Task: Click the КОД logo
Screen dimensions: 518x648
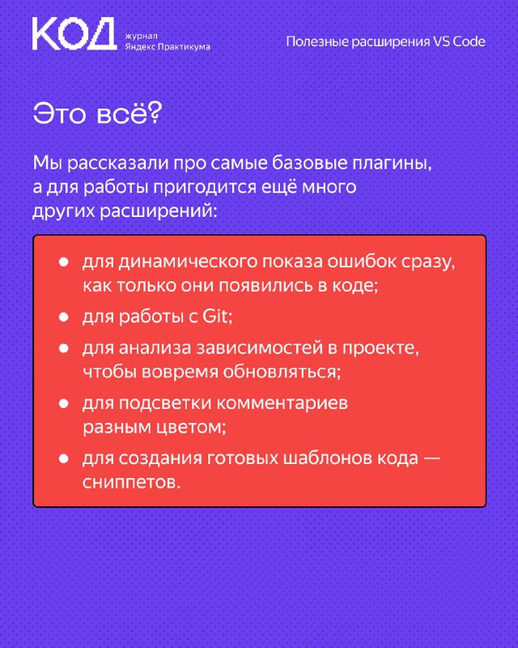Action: pos(74,34)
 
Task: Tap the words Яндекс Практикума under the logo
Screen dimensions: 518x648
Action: pos(168,47)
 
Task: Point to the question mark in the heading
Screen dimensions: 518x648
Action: pos(154,113)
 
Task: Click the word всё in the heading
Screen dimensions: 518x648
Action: pos(121,113)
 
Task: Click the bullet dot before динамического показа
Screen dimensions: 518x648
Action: pos(64,262)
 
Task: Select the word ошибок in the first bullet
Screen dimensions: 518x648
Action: pos(359,262)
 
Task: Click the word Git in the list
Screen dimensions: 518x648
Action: pos(215,317)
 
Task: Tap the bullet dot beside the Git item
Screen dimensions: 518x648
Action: pos(64,318)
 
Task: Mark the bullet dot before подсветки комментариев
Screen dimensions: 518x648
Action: pos(64,403)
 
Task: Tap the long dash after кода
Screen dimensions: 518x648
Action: pos(431,458)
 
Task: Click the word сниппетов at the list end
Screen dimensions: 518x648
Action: pos(132,482)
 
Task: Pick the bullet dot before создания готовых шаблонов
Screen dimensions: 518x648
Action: pos(64,458)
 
